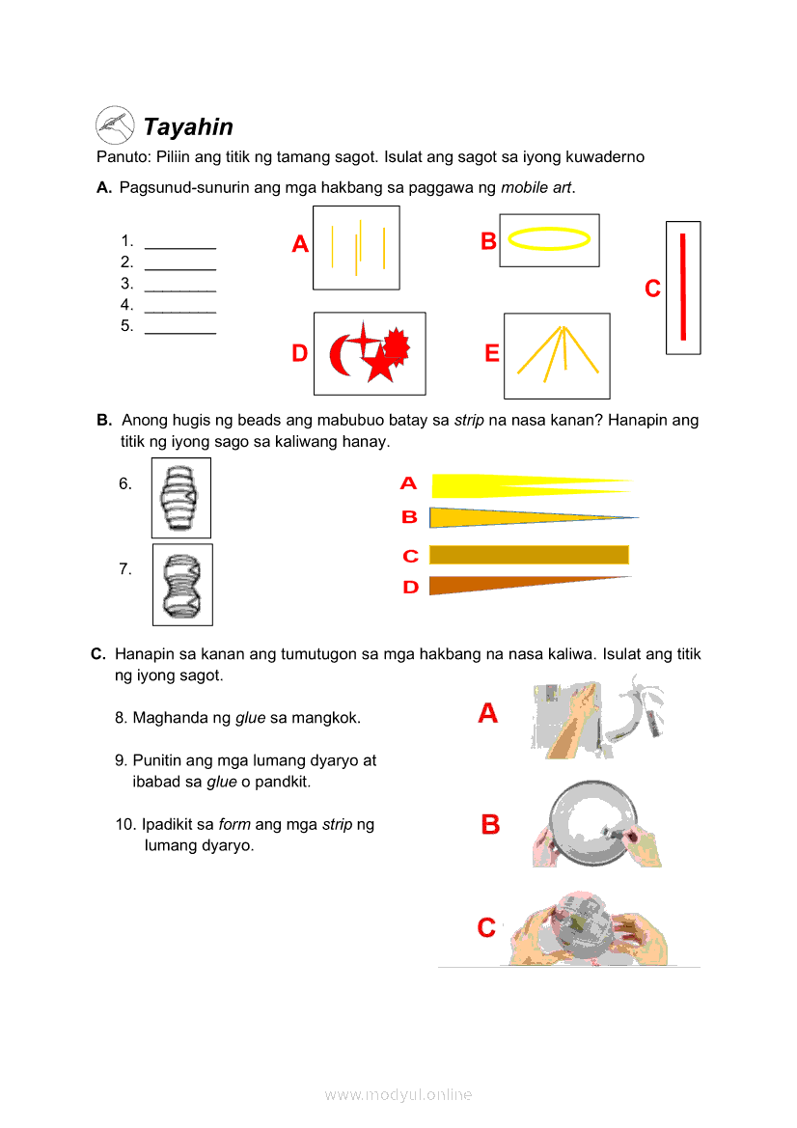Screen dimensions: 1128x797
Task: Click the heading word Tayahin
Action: click(188, 127)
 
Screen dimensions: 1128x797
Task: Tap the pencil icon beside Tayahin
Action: click(115, 124)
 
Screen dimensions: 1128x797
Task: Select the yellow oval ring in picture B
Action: click(549, 238)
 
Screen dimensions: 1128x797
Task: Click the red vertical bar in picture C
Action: click(683, 287)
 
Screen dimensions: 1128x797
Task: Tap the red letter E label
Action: click(492, 354)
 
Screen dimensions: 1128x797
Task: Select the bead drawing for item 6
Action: click(181, 498)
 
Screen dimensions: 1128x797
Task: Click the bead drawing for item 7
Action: click(182, 585)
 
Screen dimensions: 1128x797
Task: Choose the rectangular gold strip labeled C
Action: click(529, 554)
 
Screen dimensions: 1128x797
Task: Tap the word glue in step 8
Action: click(250, 718)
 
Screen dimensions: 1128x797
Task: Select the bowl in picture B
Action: click(593, 823)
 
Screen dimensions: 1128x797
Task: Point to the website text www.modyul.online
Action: click(398, 1095)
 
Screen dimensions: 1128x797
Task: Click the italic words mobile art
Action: click(536, 187)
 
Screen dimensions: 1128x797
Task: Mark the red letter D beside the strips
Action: click(411, 587)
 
